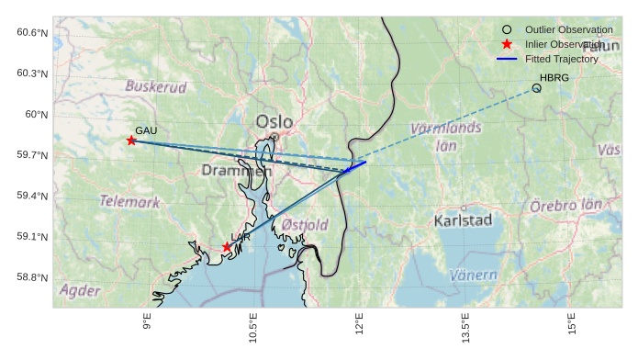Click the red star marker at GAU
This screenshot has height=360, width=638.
pos(131,141)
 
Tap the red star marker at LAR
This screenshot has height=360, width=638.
pos(227,247)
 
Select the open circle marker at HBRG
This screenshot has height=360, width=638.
pos(536,88)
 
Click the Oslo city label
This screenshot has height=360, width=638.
pos(274,121)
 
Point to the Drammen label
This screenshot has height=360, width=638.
pos(237,171)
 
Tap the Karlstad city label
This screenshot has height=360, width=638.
pos(463,220)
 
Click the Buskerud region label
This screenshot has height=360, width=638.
pos(156,87)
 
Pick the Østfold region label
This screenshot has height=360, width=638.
pos(304,225)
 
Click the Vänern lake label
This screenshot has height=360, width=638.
pos(474,275)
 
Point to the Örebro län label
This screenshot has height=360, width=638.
pos(565,206)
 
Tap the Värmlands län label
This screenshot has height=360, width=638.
pos(445,136)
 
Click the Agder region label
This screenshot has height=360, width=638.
pos(79,290)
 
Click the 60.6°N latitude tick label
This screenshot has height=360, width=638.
pos(32,33)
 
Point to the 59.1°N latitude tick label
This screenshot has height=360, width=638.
pos(32,237)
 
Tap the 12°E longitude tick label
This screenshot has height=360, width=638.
pos(359,326)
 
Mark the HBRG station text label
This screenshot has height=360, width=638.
pos(554,78)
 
